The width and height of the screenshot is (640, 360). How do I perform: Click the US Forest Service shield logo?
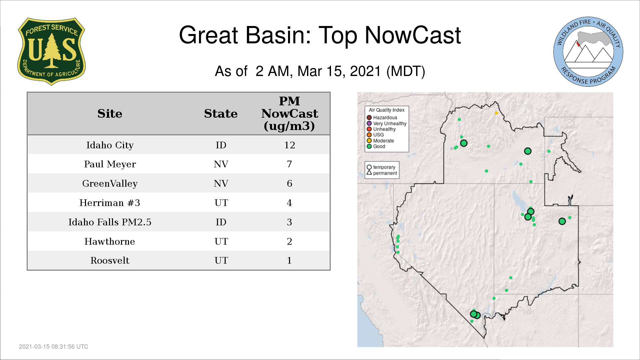click(51, 51)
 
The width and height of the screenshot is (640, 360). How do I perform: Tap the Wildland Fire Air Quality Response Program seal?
click(588, 52)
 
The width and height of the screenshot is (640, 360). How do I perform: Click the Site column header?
click(110, 114)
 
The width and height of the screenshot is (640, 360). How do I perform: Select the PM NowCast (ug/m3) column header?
click(289, 113)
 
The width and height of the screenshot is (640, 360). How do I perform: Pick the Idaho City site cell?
click(110, 145)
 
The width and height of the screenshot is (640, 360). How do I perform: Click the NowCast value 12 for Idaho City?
click(289, 145)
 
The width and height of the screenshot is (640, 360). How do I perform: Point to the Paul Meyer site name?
click(110, 164)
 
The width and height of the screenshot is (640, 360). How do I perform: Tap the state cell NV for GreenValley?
click(221, 183)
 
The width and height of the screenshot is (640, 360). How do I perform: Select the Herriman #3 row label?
click(110, 203)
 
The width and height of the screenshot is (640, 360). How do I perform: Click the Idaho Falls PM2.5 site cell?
click(110, 222)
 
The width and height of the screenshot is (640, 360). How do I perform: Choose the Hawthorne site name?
click(110, 241)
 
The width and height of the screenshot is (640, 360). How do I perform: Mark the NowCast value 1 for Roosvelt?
click(289, 260)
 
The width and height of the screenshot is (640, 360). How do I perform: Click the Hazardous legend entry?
click(382, 118)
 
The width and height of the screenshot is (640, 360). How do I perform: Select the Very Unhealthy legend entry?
click(387, 123)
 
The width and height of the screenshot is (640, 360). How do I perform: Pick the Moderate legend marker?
click(369, 141)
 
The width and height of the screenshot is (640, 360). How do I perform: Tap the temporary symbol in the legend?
click(369, 167)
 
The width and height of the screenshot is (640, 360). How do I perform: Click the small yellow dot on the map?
click(496, 113)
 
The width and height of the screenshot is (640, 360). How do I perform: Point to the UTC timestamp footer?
click(54, 347)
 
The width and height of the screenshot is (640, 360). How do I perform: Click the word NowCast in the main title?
click(413, 35)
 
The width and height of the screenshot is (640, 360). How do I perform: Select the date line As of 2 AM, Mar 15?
click(320, 71)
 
